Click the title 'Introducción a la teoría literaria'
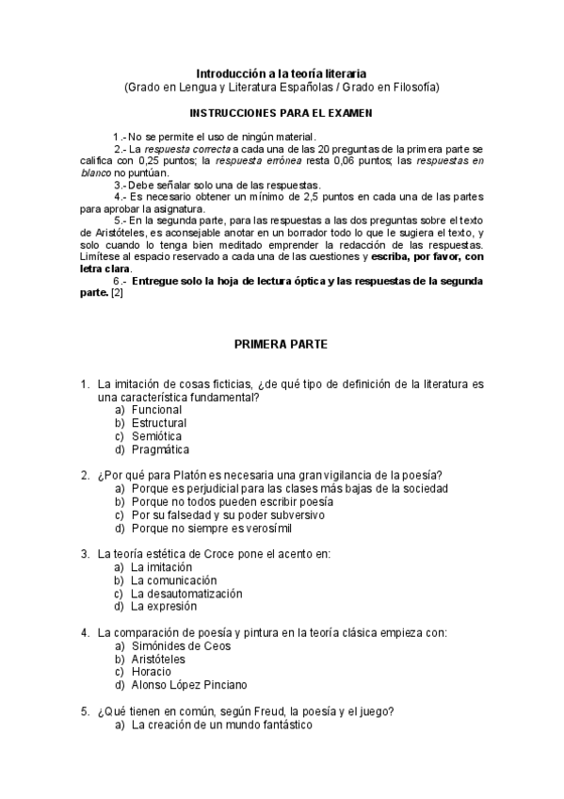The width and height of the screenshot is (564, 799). (x=282, y=73)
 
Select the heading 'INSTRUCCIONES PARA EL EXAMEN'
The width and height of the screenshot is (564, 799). (x=282, y=112)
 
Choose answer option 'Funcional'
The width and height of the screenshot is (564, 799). (x=157, y=411)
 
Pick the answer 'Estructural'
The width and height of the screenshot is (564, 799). (x=160, y=424)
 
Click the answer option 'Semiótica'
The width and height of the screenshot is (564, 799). (x=157, y=436)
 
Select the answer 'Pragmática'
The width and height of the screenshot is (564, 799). (x=160, y=449)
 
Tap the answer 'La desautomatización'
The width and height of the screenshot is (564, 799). (x=186, y=594)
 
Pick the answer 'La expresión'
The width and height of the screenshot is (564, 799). (x=165, y=607)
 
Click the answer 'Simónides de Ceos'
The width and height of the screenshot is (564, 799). (x=181, y=646)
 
